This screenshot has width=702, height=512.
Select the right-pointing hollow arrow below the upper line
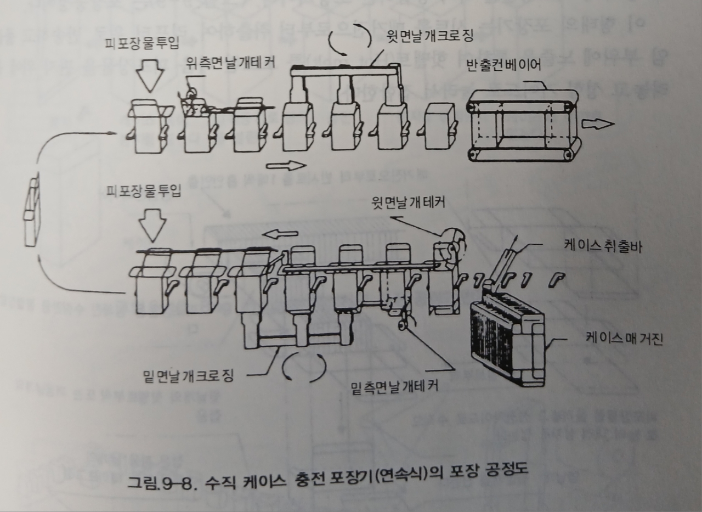pos(286,165)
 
